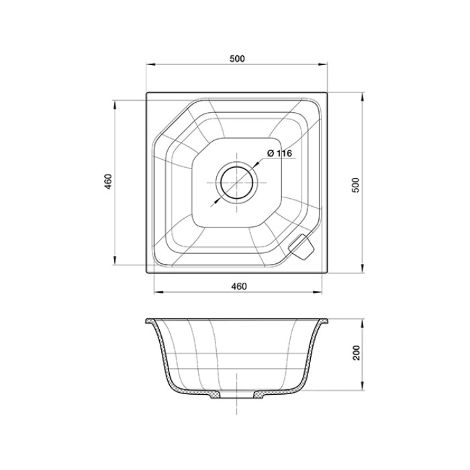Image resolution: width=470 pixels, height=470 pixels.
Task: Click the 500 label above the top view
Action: [x=236, y=58]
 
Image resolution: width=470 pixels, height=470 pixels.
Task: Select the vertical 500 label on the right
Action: [x=357, y=185]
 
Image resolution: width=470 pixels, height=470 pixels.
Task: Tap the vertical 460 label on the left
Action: [x=108, y=182]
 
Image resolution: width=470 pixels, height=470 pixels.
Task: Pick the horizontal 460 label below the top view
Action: [x=239, y=287]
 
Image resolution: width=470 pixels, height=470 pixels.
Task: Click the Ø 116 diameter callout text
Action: [x=279, y=154]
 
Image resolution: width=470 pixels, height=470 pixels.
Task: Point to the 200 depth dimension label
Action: [x=357, y=353]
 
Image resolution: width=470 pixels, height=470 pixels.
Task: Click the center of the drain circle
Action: [x=236, y=182]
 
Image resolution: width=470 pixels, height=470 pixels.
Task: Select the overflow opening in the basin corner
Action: [x=300, y=247]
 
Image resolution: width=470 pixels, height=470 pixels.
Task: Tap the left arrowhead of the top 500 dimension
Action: [x=150, y=65]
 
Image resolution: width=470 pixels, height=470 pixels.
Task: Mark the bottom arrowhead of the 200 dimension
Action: [x=363, y=388]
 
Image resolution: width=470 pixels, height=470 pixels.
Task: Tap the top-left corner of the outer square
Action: [x=146, y=93]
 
